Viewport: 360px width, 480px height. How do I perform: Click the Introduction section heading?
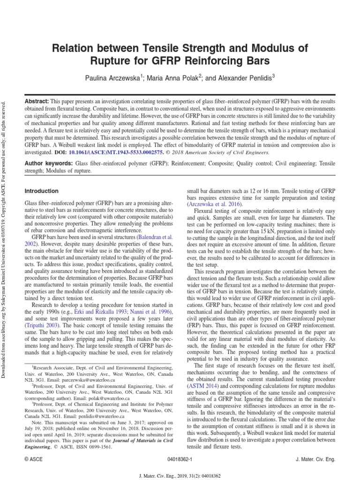[x=42, y=191]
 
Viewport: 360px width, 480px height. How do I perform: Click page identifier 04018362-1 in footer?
[x=180, y=460]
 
